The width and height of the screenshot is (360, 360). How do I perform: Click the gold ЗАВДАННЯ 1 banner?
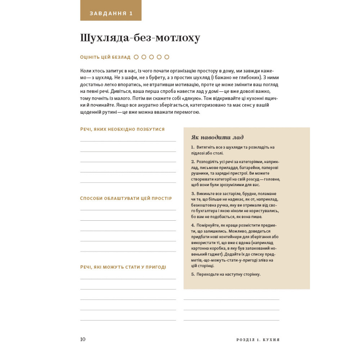111,13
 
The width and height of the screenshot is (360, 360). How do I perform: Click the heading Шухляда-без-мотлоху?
140,38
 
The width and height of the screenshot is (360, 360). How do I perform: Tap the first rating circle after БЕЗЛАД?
136,57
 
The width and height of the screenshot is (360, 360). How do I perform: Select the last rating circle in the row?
167,57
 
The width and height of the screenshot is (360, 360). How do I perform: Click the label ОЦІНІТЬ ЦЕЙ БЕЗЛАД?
105,57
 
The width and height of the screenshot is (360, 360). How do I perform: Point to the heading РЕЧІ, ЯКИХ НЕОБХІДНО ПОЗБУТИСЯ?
122,129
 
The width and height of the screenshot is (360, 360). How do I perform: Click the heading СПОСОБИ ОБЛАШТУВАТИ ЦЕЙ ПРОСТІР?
126,198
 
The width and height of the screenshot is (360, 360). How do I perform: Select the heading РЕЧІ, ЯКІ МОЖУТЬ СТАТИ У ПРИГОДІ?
123,267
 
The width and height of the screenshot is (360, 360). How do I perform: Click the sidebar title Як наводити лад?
217,137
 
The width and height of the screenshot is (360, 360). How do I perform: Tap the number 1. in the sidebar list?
193,147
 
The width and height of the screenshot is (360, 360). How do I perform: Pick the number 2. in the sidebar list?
193,162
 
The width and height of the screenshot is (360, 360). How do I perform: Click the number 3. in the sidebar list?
193,193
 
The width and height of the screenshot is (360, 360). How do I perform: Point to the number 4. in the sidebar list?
193,225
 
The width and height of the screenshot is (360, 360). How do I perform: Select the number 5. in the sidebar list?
193,274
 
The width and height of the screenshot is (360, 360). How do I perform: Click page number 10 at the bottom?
83,339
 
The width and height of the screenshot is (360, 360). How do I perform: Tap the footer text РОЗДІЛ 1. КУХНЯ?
258,339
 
